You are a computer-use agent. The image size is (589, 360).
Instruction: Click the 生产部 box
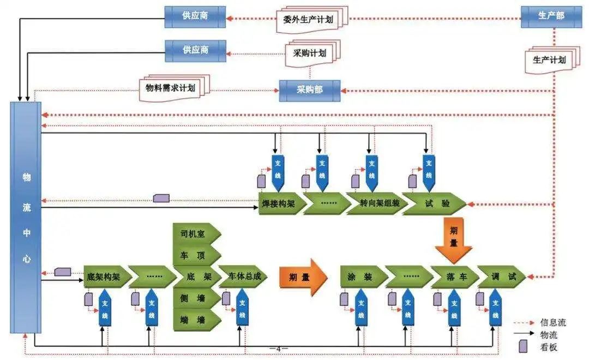[551, 16]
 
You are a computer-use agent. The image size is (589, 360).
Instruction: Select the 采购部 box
[309, 90]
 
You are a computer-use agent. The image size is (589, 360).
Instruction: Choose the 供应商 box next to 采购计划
[195, 50]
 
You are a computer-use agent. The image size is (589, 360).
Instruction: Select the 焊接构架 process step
[280, 204]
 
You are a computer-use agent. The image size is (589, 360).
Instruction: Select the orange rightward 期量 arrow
[302, 277]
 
